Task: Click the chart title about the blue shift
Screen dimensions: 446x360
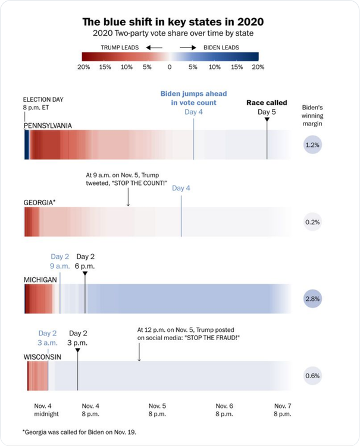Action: tap(173, 21)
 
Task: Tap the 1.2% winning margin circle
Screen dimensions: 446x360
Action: tap(312, 145)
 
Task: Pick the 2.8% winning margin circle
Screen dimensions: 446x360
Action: tap(312, 299)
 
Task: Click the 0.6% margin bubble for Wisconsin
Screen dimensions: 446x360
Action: tap(312, 375)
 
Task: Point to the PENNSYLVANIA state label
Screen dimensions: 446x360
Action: tap(48, 126)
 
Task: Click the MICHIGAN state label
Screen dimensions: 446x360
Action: tap(40, 279)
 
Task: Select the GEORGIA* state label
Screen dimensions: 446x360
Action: tap(40, 203)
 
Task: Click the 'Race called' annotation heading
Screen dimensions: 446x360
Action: tap(267, 103)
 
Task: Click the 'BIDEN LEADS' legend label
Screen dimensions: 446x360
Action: tap(222, 46)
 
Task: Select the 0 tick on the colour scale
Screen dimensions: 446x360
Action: tap(169, 67)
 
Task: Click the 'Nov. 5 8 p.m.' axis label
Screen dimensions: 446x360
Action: tap(157, 409)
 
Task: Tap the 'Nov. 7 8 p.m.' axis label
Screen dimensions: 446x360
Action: tap(282, 409)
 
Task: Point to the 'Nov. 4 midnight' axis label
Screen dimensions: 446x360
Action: tap(46, 409)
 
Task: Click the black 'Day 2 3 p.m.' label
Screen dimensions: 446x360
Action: tap(78, 338)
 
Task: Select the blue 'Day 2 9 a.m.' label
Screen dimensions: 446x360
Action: tap(60, 262)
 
